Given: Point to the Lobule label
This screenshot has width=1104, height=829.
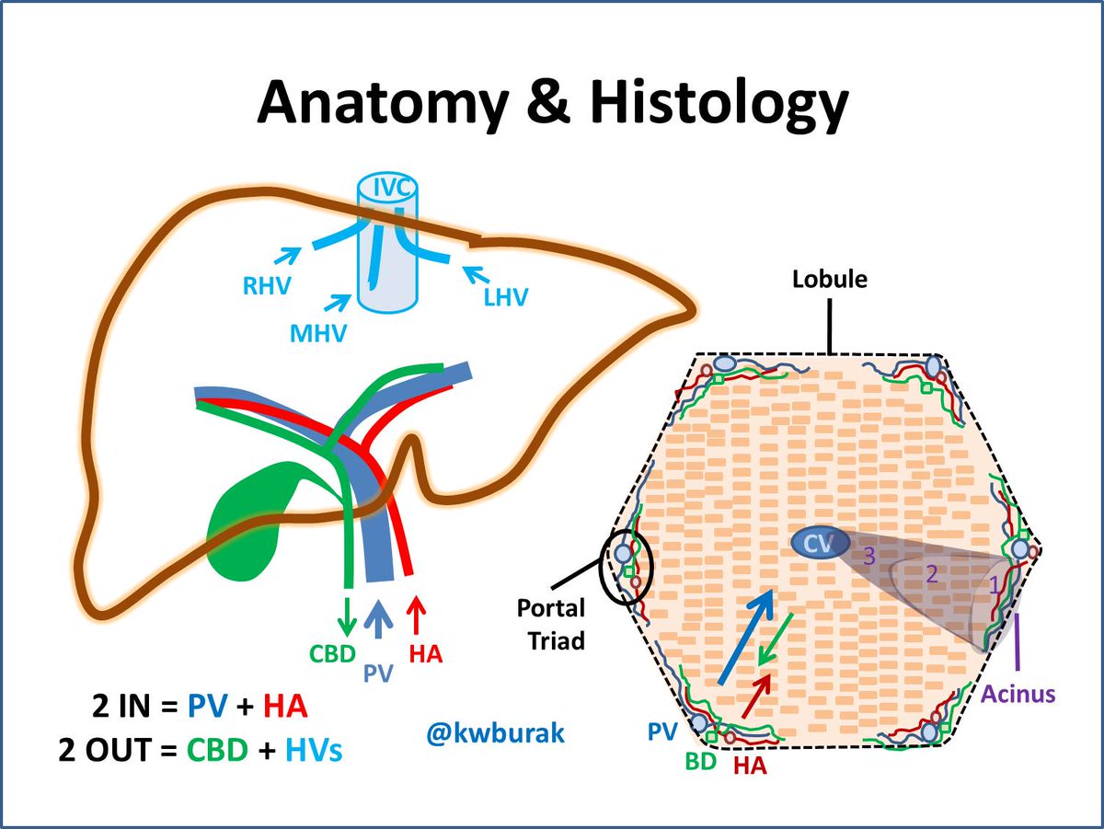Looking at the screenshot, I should pyautogui.click(x=830, y=279).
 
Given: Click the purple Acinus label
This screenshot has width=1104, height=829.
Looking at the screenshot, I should pyautogui.click(x=1017, y=694).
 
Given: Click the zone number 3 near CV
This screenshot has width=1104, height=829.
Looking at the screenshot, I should pyautogui.click(x=867, y=554).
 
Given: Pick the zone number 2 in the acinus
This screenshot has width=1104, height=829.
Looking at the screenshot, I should pyautogui.click(x=931, y=575).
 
